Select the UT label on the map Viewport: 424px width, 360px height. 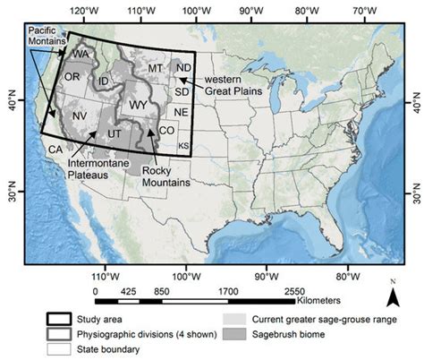114,133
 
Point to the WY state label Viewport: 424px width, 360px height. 138,105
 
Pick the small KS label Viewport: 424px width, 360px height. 184,145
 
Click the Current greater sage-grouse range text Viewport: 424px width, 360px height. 326,320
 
